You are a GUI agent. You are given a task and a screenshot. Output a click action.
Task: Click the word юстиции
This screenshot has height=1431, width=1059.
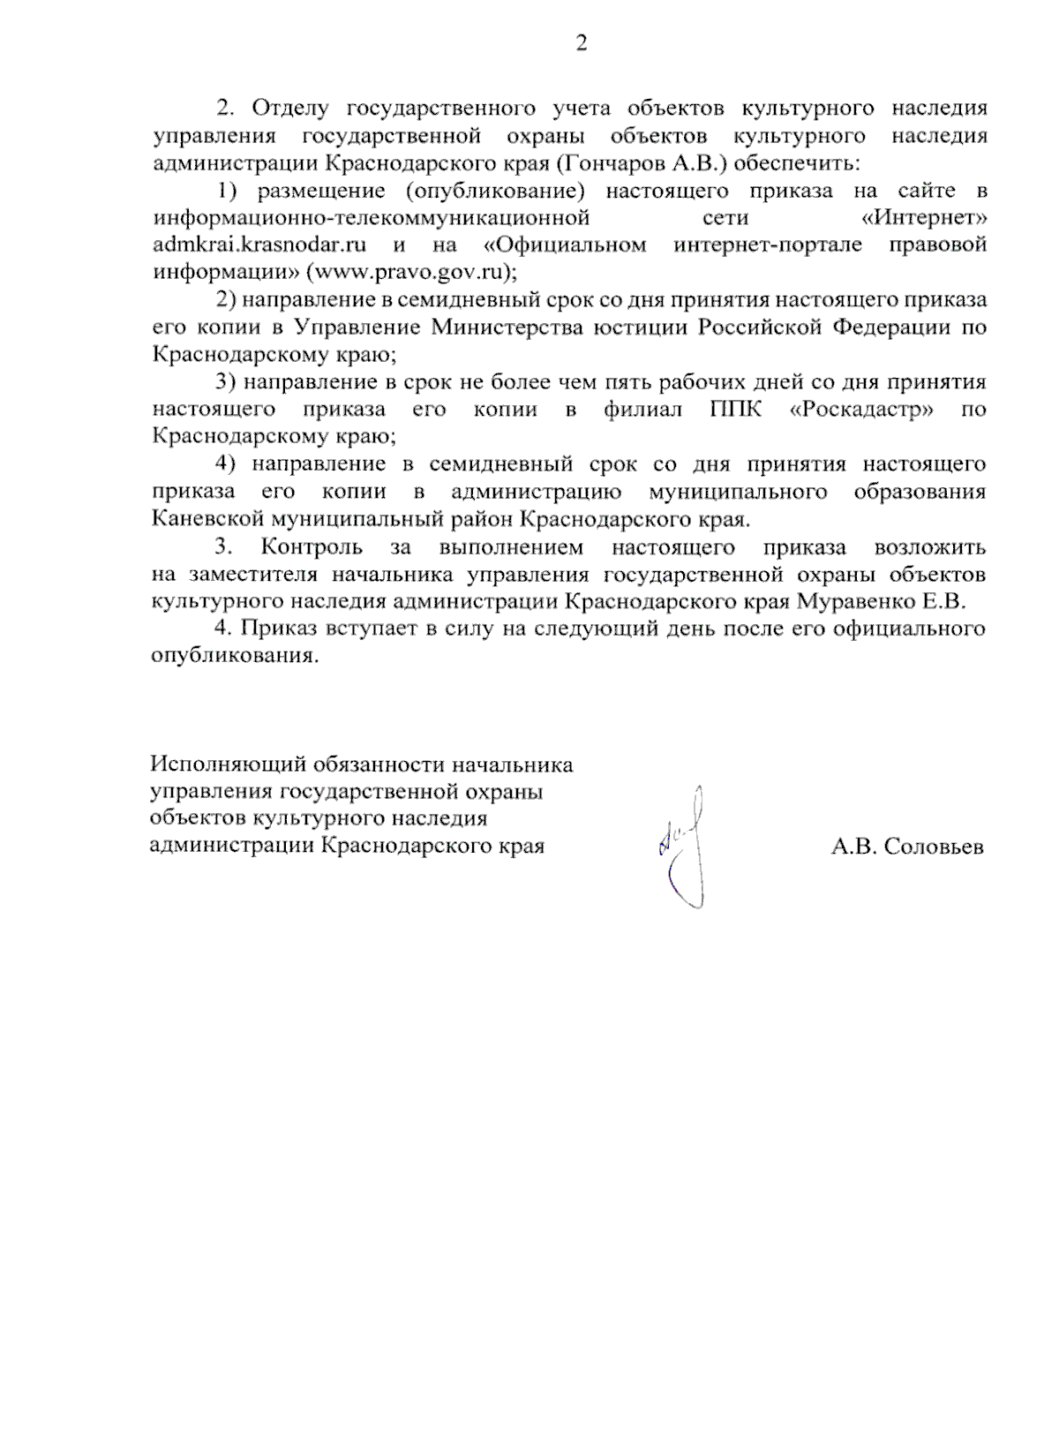(641, 328)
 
